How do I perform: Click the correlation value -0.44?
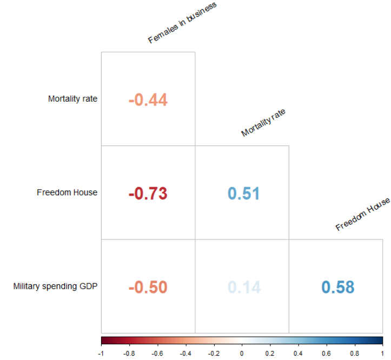(x=148, y=100)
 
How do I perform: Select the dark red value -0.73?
(x=148, y=194)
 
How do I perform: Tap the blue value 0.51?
(x=244, y=194)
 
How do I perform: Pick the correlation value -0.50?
(x=148, y=287)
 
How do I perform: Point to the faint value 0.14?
(x=244, y=287)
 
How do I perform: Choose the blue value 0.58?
(x=338, y=287)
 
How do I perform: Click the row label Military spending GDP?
(x=55, y=286)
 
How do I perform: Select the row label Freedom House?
(x=67, y=192)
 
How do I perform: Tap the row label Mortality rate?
(x=72, y=99)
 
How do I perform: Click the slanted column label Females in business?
(x=182, y=23)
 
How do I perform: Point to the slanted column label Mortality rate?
(x=263, y=122)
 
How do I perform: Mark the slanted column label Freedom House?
(x=363, y=214)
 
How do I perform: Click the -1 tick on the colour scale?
(x=101, y=353)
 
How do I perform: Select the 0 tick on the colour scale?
(x=242, y=353)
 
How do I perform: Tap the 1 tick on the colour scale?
(x=382, y=353)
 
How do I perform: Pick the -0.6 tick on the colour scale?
(x=157, y=353)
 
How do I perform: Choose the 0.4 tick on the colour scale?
(x=298, y=353)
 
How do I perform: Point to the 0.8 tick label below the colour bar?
(x=354, y=353)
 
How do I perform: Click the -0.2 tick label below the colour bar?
(x=214, y=353)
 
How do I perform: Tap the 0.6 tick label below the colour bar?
(x=326, y=353)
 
